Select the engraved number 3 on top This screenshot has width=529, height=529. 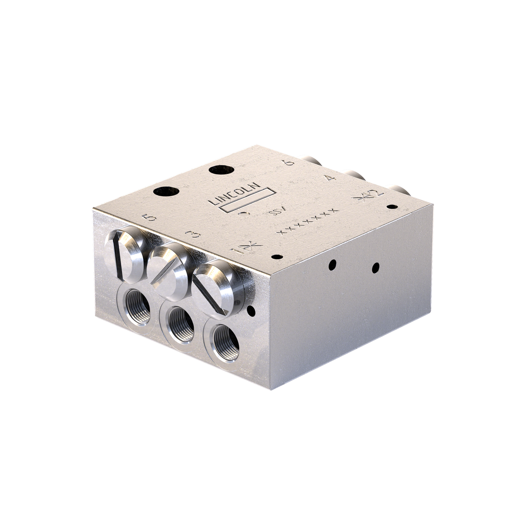pyautogui.click(x=193, y=235)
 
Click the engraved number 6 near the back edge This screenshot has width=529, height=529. pyautogui.click(x=290, y=162)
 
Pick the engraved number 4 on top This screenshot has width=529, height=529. pyautogui.click(x=329, y=178)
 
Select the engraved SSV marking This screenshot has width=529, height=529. pyautogui.click(x=274, y=213)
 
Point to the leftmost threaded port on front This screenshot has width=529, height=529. pyautogui.click(x=137, y=307)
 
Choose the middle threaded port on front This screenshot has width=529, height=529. pyautogui.click(x=181, y=325)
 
